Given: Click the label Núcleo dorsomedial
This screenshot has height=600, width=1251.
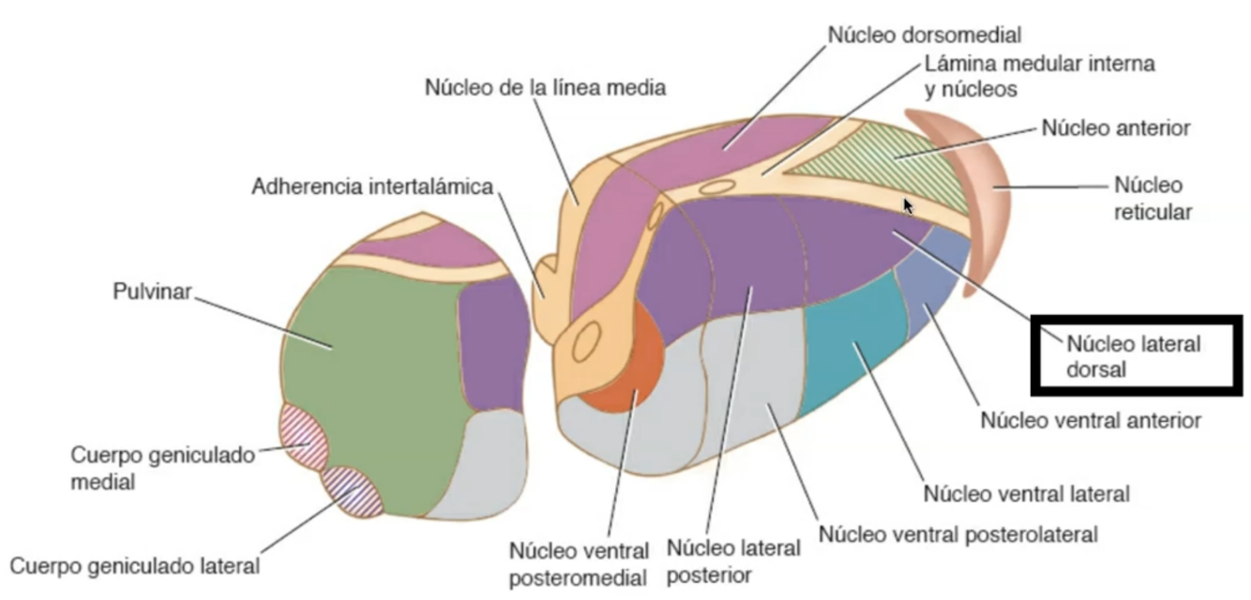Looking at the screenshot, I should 924,35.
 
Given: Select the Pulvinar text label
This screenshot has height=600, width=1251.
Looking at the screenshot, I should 152,292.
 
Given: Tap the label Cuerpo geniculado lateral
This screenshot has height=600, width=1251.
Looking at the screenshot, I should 135,566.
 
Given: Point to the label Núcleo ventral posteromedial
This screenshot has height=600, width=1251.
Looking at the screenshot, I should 579,562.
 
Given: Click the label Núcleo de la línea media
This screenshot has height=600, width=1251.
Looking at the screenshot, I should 546,88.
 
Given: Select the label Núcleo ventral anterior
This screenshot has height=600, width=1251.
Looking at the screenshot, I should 1091,420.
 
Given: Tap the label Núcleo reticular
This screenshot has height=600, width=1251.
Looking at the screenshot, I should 1152,198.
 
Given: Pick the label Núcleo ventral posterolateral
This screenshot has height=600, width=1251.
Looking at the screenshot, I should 957,535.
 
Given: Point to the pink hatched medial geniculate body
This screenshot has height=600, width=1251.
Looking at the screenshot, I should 303,437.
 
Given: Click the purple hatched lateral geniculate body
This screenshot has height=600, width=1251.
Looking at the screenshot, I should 352,491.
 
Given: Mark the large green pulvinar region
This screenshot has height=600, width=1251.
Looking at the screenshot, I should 375,375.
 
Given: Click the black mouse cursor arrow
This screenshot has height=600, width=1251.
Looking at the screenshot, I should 907,204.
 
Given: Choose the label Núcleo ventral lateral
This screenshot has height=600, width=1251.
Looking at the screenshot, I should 1026,492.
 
